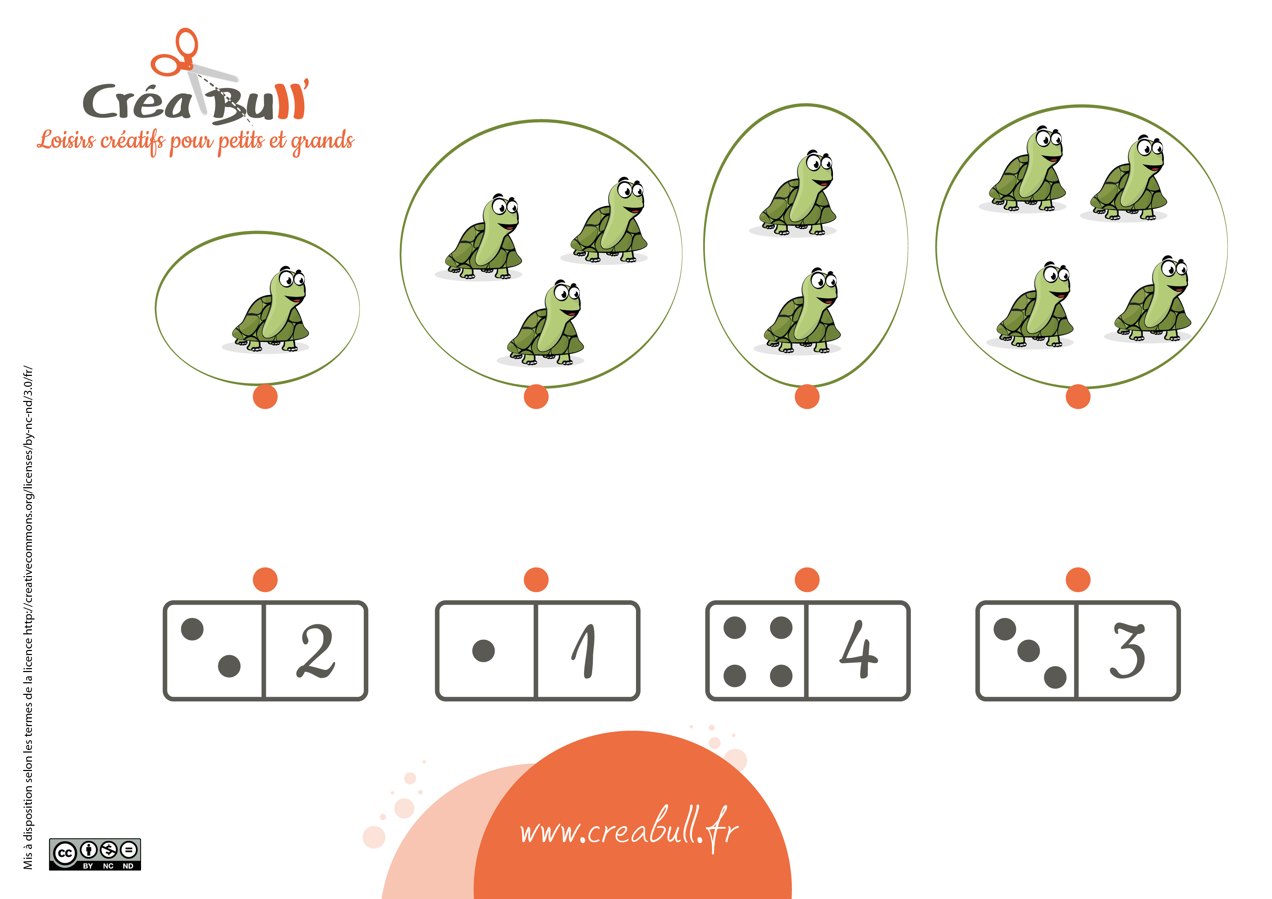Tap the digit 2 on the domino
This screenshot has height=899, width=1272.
(x=316, y=651)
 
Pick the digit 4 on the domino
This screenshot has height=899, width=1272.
(x=858, y=649)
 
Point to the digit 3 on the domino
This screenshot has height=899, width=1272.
(x=1127, y=650)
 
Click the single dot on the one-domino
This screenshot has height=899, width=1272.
(x=484, y=651)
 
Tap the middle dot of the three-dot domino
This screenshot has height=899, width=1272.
(x=1029, y=651)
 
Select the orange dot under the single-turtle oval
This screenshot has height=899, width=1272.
(x=265, y=397)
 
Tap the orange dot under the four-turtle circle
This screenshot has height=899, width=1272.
(x=1078, y=397)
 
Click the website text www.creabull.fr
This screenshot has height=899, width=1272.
(x=629, y=829)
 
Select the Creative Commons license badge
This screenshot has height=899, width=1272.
(x=95, y=854)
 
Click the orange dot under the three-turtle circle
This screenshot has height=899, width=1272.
(x=536, y=397)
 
